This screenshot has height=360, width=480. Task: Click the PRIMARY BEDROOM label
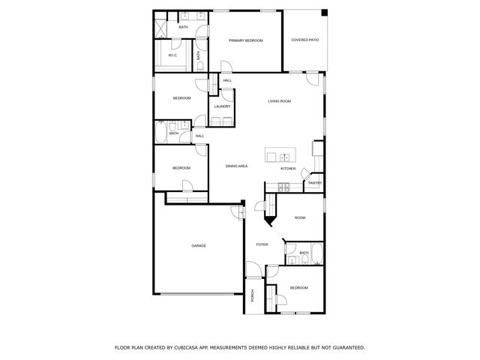point(245,40)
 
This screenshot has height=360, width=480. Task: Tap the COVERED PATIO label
point(304,40)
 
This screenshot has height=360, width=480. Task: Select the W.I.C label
point(172,55)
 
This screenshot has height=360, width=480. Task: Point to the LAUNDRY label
point(222,106)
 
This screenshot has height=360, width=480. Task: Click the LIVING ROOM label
point(279,101)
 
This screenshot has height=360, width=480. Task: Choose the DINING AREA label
point(237,166)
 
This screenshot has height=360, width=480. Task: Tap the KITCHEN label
point(289,169)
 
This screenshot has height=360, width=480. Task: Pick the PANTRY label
point(314,182)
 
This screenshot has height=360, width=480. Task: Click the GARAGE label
point(198,245)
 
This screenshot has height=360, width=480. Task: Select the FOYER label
point(262,244)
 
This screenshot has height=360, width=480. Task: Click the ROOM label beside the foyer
point(300,217)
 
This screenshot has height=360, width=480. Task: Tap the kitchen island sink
point(285,157)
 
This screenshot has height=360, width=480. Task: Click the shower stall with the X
point(162,27)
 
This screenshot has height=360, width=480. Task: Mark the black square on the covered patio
point(324,13)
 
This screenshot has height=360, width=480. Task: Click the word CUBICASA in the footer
point(193,347)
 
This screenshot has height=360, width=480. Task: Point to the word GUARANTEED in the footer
point(347,347)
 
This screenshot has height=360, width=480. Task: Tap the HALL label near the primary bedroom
point(226,80)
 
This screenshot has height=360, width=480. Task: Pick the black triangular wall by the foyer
point(270,219)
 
